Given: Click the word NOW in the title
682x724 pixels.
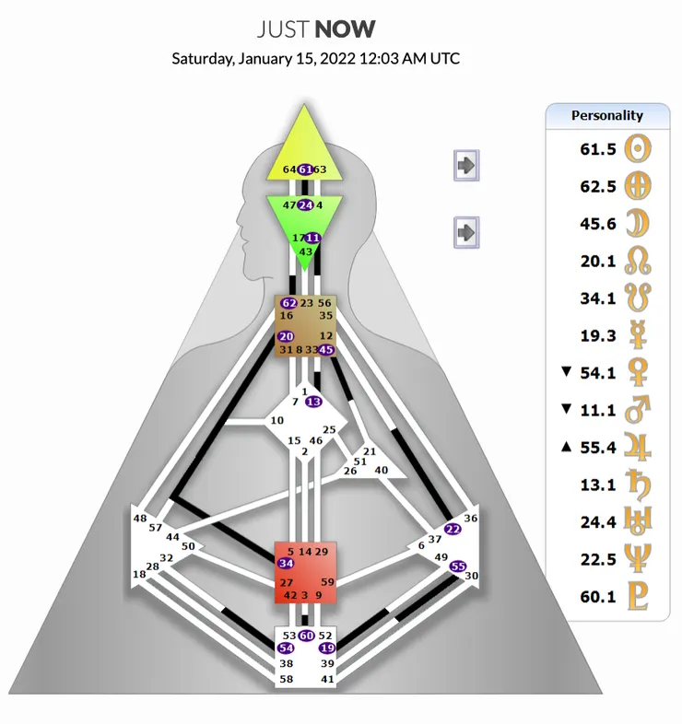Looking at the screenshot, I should tap(345, 29).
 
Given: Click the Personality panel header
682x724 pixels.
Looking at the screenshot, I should tap(606, 115).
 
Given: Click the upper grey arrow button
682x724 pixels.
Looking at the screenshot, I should tap(467, 166).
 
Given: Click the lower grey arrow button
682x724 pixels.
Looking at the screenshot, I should tap(467, 231).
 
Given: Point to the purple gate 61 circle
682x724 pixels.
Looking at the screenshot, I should tap(305, 169).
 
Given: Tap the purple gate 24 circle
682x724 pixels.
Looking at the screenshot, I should tap(305, 204).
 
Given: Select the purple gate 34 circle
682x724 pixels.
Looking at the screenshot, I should tap(286, 564).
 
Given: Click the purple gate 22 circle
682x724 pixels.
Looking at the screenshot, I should tap(452, 529).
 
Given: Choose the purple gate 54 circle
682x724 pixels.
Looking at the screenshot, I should tap(286, 648).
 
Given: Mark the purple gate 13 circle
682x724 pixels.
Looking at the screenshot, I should tap(313, 402).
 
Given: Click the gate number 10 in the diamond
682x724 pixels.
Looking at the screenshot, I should tap(276, 421).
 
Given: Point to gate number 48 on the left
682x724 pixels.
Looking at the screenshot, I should tap(140, 519).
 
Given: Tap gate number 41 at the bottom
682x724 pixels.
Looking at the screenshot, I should tap(327, 679).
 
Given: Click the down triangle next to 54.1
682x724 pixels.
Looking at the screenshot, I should tap(566, 371).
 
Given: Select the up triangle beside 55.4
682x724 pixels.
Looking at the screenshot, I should tap(566, 447).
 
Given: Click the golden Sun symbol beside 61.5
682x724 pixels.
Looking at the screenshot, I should tap(639, 148).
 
